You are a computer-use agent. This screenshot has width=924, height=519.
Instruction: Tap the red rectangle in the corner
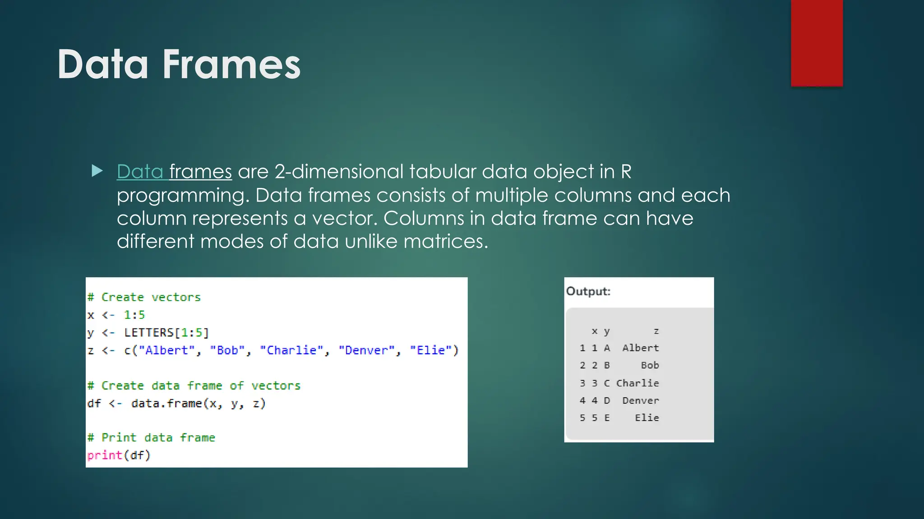817,43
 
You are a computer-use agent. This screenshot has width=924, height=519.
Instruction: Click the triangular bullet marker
97,171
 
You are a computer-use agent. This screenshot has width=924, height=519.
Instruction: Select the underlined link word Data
140,172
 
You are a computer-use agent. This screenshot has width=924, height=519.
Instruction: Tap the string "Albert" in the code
167,350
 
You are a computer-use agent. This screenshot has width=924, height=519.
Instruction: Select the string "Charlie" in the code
292,350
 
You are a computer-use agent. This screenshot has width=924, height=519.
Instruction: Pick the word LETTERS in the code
149,332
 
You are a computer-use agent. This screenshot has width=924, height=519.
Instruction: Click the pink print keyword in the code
105,455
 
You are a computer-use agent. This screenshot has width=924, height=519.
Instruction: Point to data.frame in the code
166,403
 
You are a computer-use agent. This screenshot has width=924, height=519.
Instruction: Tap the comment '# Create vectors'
144,297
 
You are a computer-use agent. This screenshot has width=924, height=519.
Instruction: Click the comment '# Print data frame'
151,437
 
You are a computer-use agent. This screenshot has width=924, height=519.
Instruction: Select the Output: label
588,291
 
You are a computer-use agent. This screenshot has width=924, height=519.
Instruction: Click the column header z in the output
656,331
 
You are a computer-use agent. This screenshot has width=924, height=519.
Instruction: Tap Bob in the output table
650,365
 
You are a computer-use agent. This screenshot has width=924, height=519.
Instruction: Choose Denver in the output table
641,401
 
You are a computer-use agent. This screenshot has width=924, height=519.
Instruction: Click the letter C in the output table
607,383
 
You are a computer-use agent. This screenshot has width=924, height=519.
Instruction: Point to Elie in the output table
647,418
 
